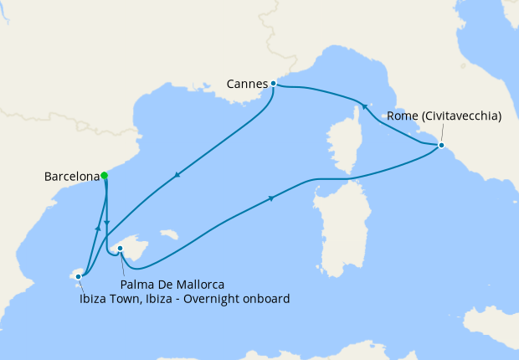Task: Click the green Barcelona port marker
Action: [104, 176]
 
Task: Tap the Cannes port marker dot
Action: [273, 83]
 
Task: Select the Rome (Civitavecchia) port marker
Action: [441, 146]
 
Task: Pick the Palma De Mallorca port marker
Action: [121, 248]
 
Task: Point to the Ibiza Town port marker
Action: [79, 275]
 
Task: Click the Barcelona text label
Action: [70, 177]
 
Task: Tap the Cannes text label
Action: [247, 84]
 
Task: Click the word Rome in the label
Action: [400, 117]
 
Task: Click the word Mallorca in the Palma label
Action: [198, 284]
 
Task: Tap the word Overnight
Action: [216, 298]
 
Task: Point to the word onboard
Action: [267, 298]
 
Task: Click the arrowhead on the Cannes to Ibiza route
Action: [177, 176]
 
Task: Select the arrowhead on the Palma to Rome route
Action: [272, 198]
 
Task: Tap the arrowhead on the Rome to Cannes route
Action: [363, 106]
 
